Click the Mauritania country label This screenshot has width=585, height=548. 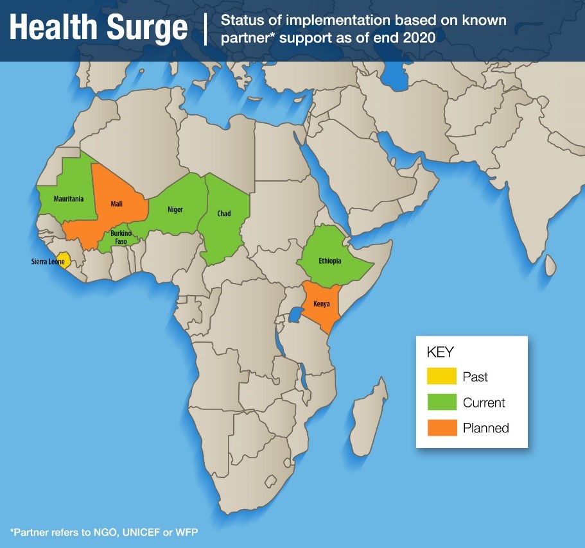click(69, 199)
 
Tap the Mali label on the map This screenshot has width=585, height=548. click(116, 203)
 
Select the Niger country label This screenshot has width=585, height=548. click(175, 210)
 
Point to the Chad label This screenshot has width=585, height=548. click(224, 214)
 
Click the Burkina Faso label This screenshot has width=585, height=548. click(121, 237)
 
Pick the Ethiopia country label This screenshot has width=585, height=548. click(329, 261)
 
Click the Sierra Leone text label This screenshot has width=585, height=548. click(48, 262)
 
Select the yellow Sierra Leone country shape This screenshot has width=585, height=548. click(63, 259)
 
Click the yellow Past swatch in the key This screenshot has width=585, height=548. click(442, 377)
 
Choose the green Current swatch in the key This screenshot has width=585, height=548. click(442, 402)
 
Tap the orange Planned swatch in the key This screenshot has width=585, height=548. click(442, 428)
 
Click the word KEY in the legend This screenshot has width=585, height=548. click(440, 352)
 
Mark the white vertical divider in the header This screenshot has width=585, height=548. click(205, 29)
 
